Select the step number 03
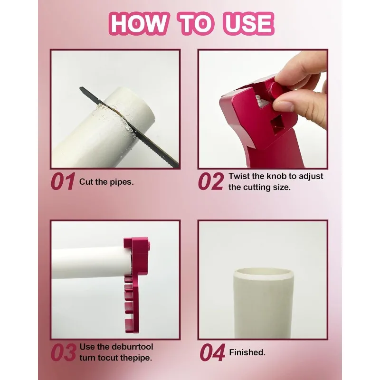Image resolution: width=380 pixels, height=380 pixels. tap(63, 352)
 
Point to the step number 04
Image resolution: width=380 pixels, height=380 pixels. tap(212, 352)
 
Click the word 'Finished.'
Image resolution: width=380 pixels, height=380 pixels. tap(247, 352)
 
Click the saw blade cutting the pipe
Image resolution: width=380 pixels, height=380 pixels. tap(157, 150)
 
